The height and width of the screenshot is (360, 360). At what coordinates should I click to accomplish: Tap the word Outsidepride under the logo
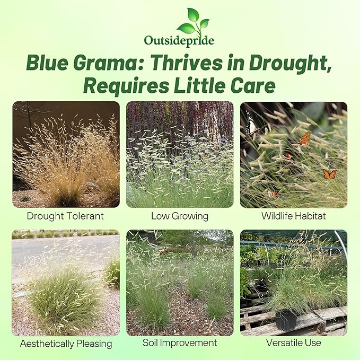point(179,40)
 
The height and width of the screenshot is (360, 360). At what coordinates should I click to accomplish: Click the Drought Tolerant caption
point(66,216)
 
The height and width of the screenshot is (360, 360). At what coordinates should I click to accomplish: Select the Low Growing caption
point(180,216)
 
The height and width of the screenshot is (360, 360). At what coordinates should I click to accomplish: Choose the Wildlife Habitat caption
point(293,216)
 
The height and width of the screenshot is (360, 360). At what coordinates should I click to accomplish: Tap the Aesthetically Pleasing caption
point(66,344)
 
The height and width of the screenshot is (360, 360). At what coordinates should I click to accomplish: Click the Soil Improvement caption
point(180,343)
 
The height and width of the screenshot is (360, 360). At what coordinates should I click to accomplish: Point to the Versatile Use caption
point(293,343)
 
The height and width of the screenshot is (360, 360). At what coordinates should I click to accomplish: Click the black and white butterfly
point(259,129)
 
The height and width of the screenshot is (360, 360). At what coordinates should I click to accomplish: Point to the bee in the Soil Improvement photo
point(165,251)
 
